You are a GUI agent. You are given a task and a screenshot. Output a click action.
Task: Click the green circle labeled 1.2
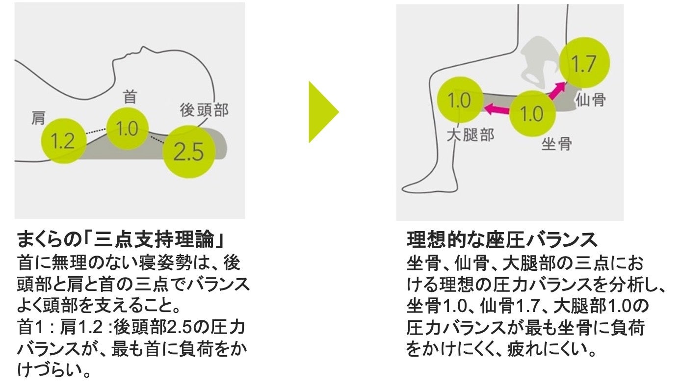pos(63,141)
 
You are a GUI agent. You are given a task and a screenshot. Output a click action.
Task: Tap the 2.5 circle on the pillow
pos(189,152)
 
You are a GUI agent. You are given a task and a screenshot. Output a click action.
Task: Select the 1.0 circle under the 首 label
pos(128,129)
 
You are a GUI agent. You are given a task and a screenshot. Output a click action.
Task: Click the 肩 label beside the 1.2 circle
pos(38,118)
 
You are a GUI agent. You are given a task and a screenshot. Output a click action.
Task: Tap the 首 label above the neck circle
pos(130,97)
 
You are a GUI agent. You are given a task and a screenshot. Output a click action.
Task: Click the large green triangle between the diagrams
pos(322,112)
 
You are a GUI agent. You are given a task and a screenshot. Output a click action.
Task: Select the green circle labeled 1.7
pos(584,64)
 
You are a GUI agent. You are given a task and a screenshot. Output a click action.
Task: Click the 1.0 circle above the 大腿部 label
pos(460,101)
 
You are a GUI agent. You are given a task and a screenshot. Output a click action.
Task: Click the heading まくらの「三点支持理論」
pos(121,240)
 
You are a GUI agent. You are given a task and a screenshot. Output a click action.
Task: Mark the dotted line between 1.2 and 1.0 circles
pos(96,132)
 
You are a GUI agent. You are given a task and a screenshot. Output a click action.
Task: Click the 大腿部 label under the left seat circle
pos(470,135)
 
